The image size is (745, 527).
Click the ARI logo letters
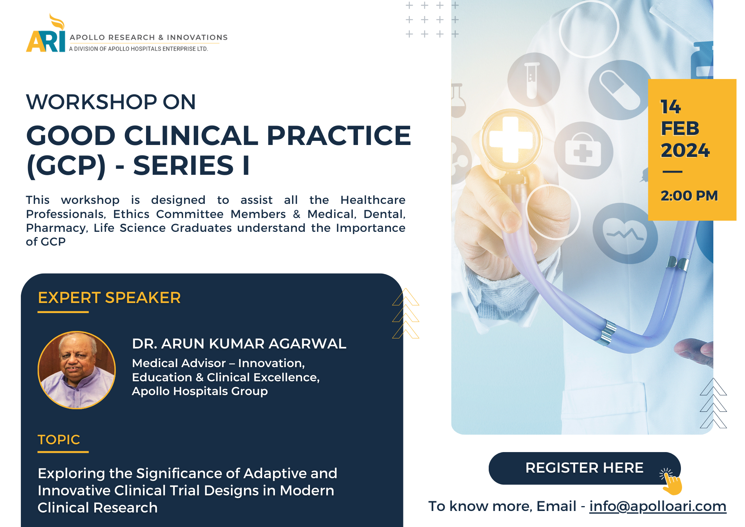pos(45,37)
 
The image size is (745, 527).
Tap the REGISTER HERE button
pos(584,468)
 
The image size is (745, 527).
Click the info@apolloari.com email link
pos(658,506)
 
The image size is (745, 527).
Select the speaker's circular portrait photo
pos(77,370)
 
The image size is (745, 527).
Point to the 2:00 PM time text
pos(689,196)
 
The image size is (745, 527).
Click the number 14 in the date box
pos(670,107)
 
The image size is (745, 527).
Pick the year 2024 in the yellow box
pos(685,150)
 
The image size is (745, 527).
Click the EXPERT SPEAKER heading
pos(109,298)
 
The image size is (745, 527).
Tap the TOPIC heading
pos(59,440)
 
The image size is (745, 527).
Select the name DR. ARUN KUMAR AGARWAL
pos(239,344)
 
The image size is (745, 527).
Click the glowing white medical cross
pos(511,140)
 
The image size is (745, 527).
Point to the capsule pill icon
pos(619,90)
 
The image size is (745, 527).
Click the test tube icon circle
pos(533,80)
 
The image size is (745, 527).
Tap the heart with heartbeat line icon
pos(625,234)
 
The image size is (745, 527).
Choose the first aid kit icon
pos(583,151)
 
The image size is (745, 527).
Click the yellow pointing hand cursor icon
pos(671,482)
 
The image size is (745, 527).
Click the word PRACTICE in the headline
pos(339,135)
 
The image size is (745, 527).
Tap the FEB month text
pos(680,129)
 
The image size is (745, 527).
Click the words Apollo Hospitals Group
pos(200,391)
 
